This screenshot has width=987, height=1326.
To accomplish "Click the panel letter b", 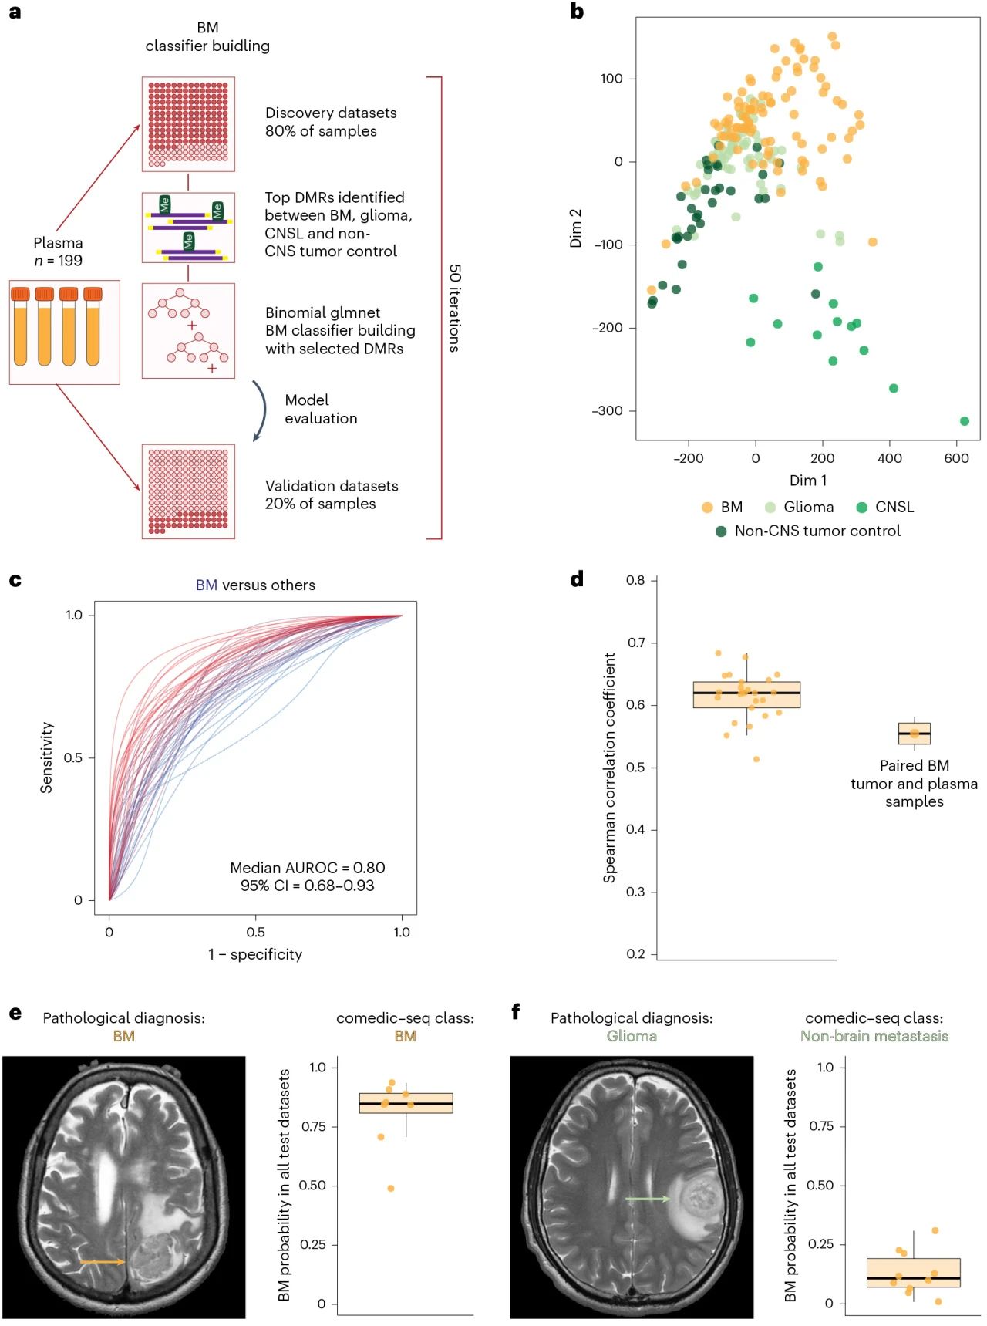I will (x=577, y=12).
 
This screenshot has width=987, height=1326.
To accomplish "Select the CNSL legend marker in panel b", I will (x=861, y=508).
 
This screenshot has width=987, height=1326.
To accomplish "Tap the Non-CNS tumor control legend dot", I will (x=721, y=531).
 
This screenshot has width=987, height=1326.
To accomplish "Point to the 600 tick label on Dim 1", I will (x=956, y=458).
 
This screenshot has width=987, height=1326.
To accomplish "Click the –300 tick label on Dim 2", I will (x=608, y=411).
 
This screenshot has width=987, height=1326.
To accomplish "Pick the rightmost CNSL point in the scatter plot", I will (x=965, y=421).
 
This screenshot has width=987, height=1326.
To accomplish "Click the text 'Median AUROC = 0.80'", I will (x=307, y=868).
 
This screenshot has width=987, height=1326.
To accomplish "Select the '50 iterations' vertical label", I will (x=455, y=309).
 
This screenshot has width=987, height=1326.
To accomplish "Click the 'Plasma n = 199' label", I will (x=58, y=252).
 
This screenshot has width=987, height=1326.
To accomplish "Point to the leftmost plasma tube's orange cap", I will (x=20, y=294).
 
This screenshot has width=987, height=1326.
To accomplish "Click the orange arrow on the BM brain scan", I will (x=103, y=1262).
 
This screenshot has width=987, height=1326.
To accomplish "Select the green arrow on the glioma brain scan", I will (x=647, y=1199).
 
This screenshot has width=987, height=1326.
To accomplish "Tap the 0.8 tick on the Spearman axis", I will (x=635, y=580).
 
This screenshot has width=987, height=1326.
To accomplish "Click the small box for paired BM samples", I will (x=915, y=734).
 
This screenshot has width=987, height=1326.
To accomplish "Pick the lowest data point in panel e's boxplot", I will (x=391, y=1189).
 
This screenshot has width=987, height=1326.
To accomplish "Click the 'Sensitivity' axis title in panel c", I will (x=47, y=757).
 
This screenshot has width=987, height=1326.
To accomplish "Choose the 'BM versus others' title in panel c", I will (x=255, y=585).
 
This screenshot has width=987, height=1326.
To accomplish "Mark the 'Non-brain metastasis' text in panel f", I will (x=874, y=1037).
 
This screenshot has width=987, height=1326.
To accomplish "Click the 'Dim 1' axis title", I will (x=807, y=481).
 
